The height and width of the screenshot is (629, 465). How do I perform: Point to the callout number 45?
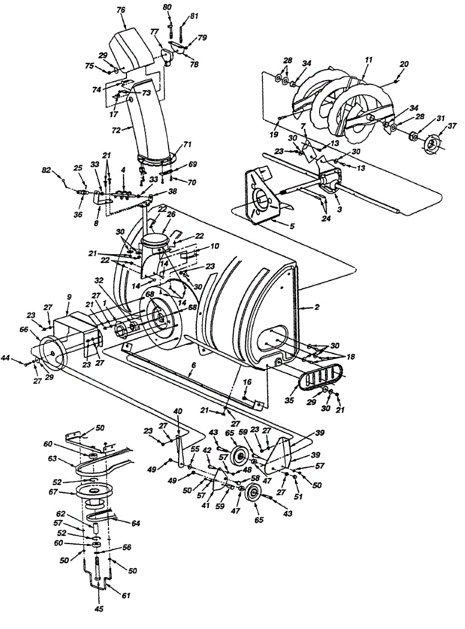(98, 609)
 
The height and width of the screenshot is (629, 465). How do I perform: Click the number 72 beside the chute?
(118, 129)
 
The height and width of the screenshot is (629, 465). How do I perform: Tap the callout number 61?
(126, 596)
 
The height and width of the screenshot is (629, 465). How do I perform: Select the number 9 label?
(69, 297)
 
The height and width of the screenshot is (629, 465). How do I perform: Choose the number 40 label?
(178, 411)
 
